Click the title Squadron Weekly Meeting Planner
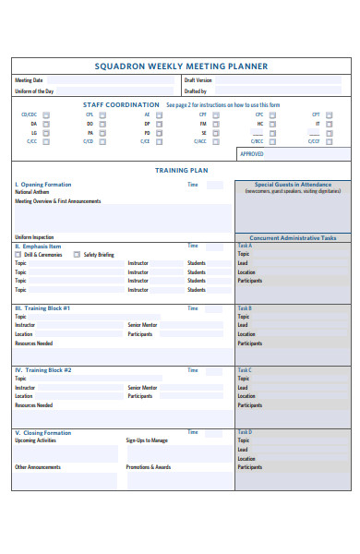(x=181, y=66)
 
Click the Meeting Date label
(x=30, y=80)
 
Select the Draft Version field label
(x=198, y=80)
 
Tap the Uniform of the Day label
(x=34, y=91)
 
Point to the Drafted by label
(x=195, y=91)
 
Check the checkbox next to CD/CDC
(x=46, y=114)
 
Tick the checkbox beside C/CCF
(x=329, y=141)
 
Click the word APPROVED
(x=252, y=154)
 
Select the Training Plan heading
(x=181, y=171)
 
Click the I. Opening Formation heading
(x=43, y=185)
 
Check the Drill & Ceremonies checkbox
(x=18, y=255)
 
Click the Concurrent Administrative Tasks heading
(x=292, y=237)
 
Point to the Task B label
(x=245, y=307)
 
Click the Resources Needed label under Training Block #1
(x=33, y=343)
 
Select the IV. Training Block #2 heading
(x=43, y=370)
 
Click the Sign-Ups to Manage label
(x=147, y=440)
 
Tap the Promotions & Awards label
(x=148, y=467)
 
